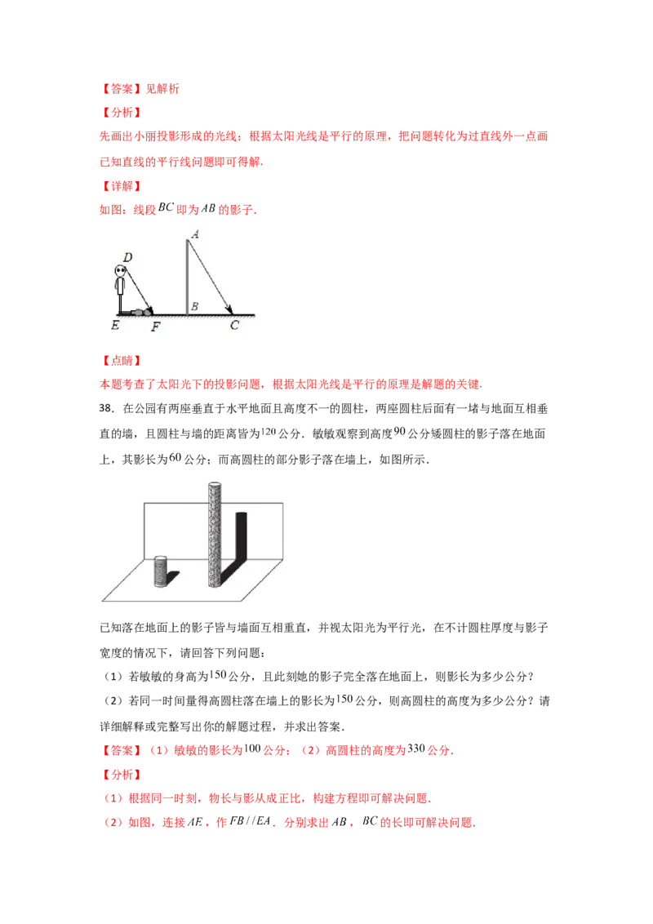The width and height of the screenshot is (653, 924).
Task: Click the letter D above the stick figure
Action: click(x=128, y=257)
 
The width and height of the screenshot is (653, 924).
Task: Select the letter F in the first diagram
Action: click(x=156, y=327)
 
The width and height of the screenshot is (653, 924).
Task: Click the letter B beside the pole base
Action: click(x=194, y=307)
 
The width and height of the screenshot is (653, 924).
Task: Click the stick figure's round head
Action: click(x=121, y=270)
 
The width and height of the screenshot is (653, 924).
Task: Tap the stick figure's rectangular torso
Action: click(x=121, y=287)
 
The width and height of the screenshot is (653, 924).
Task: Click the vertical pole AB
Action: click(x=188, y=273)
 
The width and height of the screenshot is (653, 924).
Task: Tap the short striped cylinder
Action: click(x=161, y=572)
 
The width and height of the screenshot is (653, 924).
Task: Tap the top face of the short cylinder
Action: click(x=161, y=559)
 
